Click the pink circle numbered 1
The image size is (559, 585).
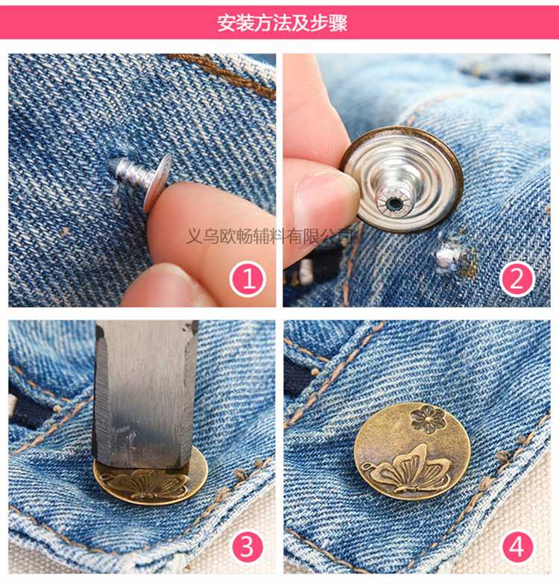248,280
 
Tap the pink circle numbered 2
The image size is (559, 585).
517,279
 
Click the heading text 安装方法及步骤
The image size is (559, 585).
282,22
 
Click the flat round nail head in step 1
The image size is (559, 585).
157,182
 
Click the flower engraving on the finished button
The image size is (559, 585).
428,419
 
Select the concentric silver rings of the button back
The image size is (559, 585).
402,180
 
